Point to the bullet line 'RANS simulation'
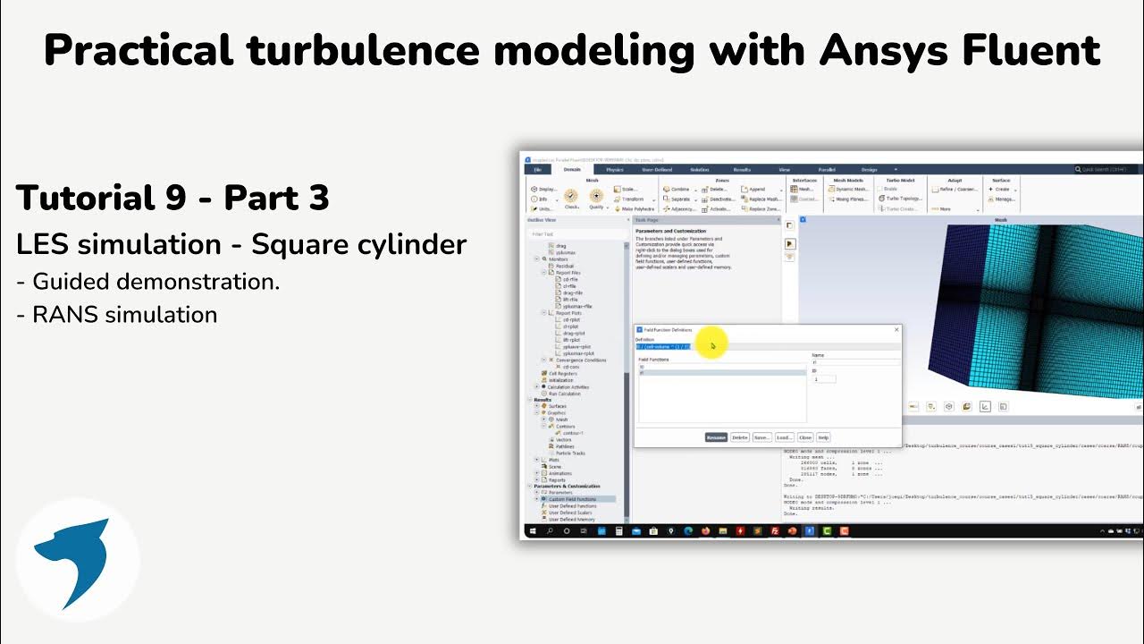click(x=124, y=315)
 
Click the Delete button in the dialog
click(x=739, y=437)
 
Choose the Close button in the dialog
click(x=805, y=437)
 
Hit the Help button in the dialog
click(x=823, y=437)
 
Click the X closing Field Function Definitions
click(x=896, y=330)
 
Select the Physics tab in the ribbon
click(x=615, y=169)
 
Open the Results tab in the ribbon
click(x=742, y=169)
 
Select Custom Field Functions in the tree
click(x=572, y=499)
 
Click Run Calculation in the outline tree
click(x=564, y=394)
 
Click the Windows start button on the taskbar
click(x=532, y=531)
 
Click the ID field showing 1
click(x=824, y=379)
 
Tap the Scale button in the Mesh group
click(x=629, y=189)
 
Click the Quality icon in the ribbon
click(x=596, y=198)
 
